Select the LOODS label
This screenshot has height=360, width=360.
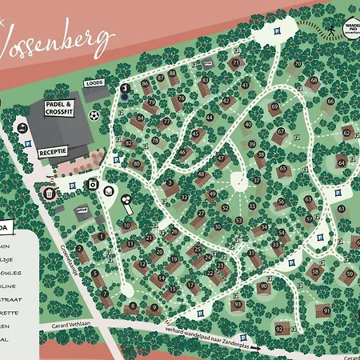(95, 82)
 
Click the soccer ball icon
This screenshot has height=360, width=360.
(94, 115)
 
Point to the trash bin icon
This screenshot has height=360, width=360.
(49, 193)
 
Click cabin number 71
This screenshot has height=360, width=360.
(235, 62)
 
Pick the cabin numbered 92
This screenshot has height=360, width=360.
(279, 328)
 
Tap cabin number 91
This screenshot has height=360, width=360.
(326, 310)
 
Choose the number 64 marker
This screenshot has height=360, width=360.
(341, 162)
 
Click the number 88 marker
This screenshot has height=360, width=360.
(172, 74)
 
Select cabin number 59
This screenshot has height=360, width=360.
(349, 274)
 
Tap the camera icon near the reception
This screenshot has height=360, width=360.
(92, 184)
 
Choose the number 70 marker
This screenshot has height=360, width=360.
(298, 62)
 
